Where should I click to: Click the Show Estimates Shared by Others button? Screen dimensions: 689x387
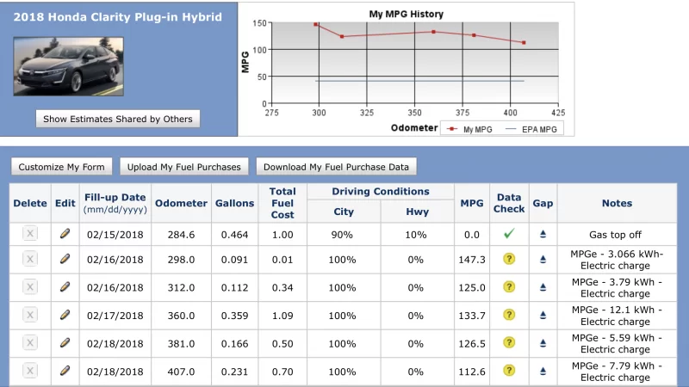(x=118, y=119)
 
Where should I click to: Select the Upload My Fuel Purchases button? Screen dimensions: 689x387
(x=184, y=167)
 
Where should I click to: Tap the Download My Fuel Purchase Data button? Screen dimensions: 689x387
(x=336, y=167)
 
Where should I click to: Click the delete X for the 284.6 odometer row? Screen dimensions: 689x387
(x=30, y=234)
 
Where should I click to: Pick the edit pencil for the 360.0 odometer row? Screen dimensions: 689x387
(x=65, y=315)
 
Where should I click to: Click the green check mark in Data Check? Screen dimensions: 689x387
(x=509, y=234)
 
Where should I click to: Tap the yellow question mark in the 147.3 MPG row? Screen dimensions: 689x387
(x=509, y=260)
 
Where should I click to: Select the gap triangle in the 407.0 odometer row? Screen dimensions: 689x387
(x=543, y=372)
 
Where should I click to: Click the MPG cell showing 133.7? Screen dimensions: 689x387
(x=472, y=316)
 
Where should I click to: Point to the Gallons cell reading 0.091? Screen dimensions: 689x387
(x=234, y=260)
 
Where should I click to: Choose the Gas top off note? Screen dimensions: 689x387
(x=615, y=235)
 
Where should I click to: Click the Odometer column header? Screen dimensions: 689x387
(x=181, y=203)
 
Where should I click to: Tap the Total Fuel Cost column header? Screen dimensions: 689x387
(x=282, y=203)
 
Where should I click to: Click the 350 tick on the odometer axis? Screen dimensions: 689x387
(x=414, y=113)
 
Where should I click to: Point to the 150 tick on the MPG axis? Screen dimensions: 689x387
(x=260, y=23)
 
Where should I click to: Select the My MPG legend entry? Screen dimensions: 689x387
(x=469, y=130)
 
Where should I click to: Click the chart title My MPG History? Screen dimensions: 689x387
(x=406, y=14)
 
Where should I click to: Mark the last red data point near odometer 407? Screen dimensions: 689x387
(x=524, y=42)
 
